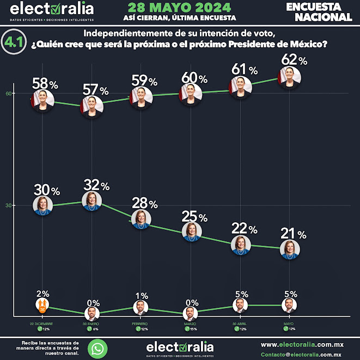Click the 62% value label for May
point(294,60)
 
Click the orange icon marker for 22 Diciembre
point(42,304)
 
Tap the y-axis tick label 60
point(9,93)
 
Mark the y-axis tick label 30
point(9,205)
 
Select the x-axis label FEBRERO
point(141,324)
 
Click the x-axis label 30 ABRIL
point(240,324)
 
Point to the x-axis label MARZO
point(190,324)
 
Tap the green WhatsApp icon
point(97,348)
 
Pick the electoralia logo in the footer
point(180,347)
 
